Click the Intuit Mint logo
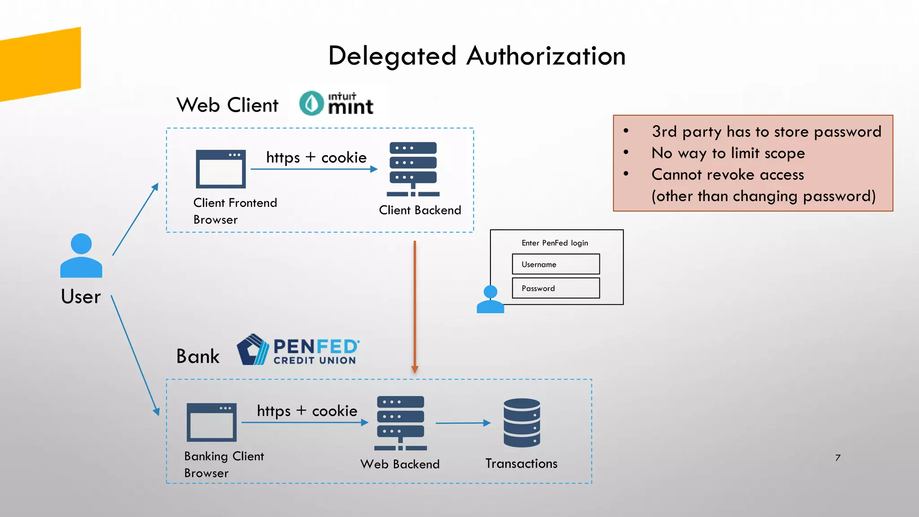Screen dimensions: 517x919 [x=337, y=104]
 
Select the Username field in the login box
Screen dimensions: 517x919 [x=556, y=264]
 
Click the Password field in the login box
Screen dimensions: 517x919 [x=556, y=288]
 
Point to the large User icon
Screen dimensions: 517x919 [x=81, y=256]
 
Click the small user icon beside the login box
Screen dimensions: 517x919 [x=490, y=300]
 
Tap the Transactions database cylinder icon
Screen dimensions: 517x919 [x=521, y=423]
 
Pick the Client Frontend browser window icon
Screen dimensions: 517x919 [x=221, y=169]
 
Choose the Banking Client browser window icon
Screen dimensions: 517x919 [x=211, y=422]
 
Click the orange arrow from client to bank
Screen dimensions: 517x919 [x=415, y=305]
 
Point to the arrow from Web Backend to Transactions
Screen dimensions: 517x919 [x=463, y=423]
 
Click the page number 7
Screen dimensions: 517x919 [x=837, y=458]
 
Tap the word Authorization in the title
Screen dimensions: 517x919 [x=546, y=57]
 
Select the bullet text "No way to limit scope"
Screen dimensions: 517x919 [x=728, y=153]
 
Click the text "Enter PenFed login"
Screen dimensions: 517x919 [x=555, y=243]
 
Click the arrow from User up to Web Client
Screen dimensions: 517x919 [x=135, y=219]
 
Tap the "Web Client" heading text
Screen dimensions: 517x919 [x=228, y=105]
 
